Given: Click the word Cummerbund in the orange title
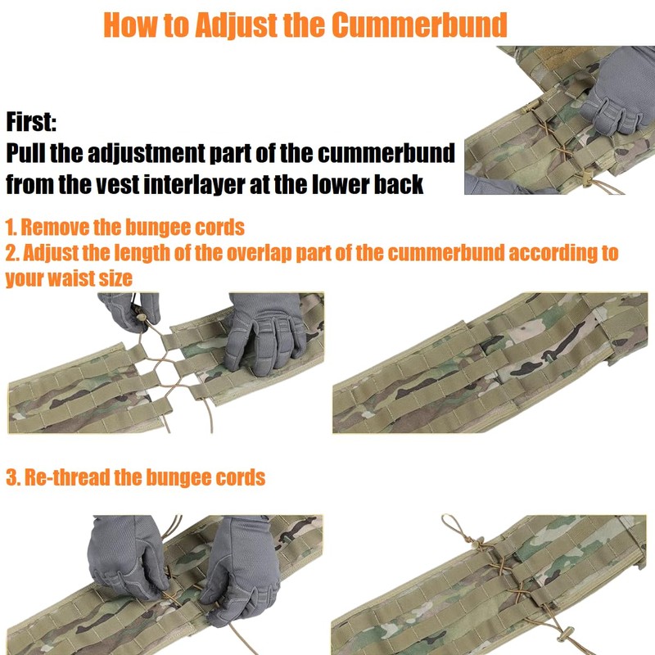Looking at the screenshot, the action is click(x=419, y=25).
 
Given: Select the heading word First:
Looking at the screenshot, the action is click(x=31, y=122).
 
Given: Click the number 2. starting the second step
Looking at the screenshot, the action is click(x=11, y=253).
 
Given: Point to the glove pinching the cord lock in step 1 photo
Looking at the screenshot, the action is click(x=129, y=312).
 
